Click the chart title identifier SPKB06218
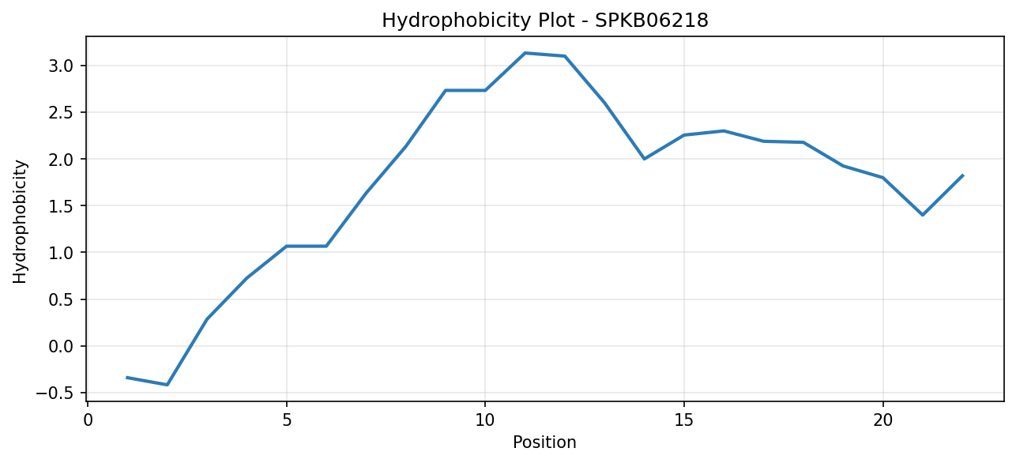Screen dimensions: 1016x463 pyautogui.click(x=651, y=21)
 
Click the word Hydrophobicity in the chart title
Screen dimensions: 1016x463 pyautogui.click(x=455, y=21)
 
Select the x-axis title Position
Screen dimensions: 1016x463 pyautogui.click(x=544, y=442)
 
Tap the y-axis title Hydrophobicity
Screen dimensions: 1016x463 pyautogui.click(x=20, y=222)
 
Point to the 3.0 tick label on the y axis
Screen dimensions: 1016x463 pyautogui.click(x=61, y=66)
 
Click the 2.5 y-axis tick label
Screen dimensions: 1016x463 pyautogui.click(x=61, y=112)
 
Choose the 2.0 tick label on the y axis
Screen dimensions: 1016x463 pyautogui.click(x=61, y=159)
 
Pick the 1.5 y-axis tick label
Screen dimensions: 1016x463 pyautogui.click(x=61, y=206)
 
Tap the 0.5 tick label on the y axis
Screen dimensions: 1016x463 pyautogui.click(x=61, y=299)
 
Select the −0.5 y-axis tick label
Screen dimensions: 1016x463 pyautogui.click(x=55, y=393)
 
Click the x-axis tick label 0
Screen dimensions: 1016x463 pyautogui.click(x=88, y=420)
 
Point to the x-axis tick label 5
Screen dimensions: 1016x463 pyautogui.click(x=287, y=420)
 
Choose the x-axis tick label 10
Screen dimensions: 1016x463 pyautogui.click(x=485, y=420)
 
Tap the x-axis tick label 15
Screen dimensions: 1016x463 pyautogui.click(x=684, y=420)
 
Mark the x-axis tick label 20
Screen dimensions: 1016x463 pyautogui.click(x=882, y=420)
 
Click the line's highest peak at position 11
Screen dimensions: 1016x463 pyautogui.click(x=525, y=53)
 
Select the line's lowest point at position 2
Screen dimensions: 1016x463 pyautogui.click(x=167, y=385)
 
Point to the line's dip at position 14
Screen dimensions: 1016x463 pyautogui.click(x=644, y=159)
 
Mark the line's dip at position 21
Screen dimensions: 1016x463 pyautogui.click(x=923, y=215)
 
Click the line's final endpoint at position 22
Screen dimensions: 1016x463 pyautogui.click(x=962, y=175)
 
